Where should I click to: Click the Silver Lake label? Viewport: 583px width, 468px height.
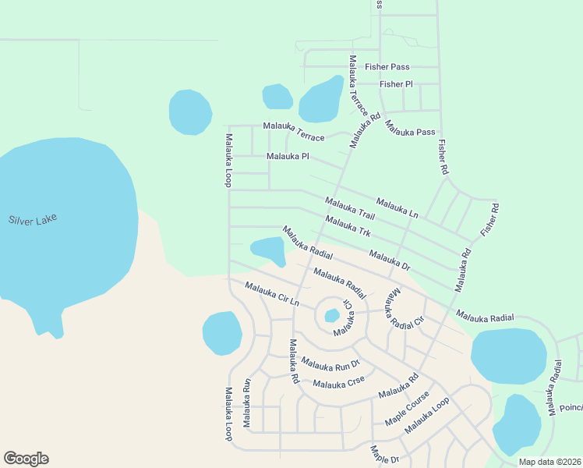click(34, 220)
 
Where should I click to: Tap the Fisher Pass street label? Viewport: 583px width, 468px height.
click(387, 67)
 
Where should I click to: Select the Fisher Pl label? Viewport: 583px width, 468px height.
click(396, 84)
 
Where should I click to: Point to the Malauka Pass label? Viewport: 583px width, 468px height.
click(410, 128)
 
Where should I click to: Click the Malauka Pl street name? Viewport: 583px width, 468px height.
click(288, 157)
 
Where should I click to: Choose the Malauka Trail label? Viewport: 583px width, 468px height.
click(350, 207)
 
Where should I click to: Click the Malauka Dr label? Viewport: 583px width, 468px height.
click(390, 261)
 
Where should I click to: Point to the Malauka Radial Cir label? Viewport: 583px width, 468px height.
click(403, 310)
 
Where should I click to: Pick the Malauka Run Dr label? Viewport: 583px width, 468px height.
click(330, 364)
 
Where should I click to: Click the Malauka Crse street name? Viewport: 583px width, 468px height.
click(338, 384)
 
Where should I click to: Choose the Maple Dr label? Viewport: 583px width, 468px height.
click(384, 454)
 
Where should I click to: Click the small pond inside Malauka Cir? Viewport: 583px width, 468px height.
click(331, 316)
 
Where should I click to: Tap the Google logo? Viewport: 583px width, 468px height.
click(26, 459)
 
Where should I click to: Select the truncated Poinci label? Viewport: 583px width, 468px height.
click(571, 408)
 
